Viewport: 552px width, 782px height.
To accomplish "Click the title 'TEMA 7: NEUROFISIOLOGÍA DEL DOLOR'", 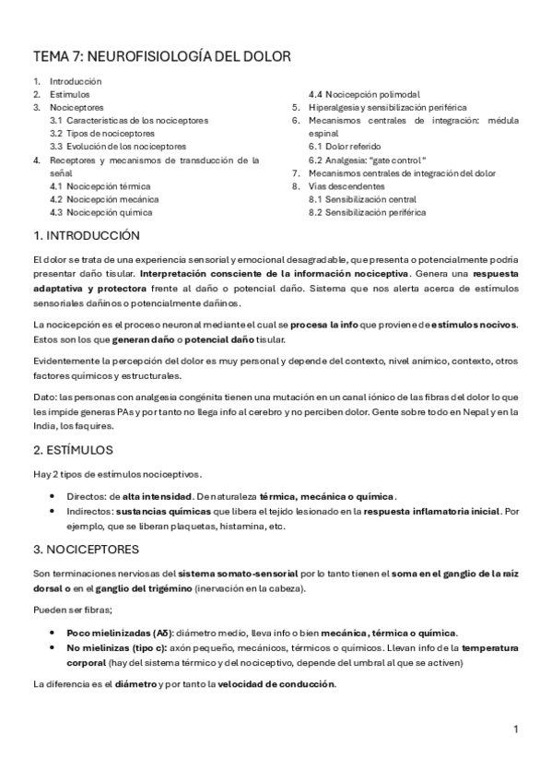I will pyautogui.click(x=161, y=57).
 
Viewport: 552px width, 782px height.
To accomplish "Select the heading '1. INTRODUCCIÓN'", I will pyautogui.click(x=86, y=236).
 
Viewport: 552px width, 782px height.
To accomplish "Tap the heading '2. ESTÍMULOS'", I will pyautogui.click(x=73, y=450).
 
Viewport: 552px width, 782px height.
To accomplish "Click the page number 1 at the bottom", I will pyautogui.click(x=517, y=729).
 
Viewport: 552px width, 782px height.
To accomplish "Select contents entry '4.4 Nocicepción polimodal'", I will pyautogui.click(x=364, y=94).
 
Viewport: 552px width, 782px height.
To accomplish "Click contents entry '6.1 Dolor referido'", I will pyautogui.click(x=346, y=147).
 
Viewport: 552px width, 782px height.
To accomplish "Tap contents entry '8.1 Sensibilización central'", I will pyautogui.click(x=362, y=199).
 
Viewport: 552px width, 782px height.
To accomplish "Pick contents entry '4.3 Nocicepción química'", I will pyautogui.click(x=101, y=212).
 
